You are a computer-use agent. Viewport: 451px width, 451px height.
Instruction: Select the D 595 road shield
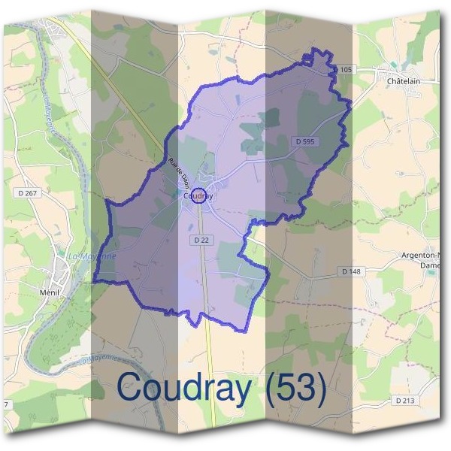304,141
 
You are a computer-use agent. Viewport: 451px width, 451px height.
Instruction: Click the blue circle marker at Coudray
198,196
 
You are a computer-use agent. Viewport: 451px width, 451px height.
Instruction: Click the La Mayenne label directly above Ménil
92,256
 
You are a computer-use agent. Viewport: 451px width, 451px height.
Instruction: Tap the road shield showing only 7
6,405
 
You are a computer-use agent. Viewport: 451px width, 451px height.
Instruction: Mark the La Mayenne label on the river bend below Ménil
102,363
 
